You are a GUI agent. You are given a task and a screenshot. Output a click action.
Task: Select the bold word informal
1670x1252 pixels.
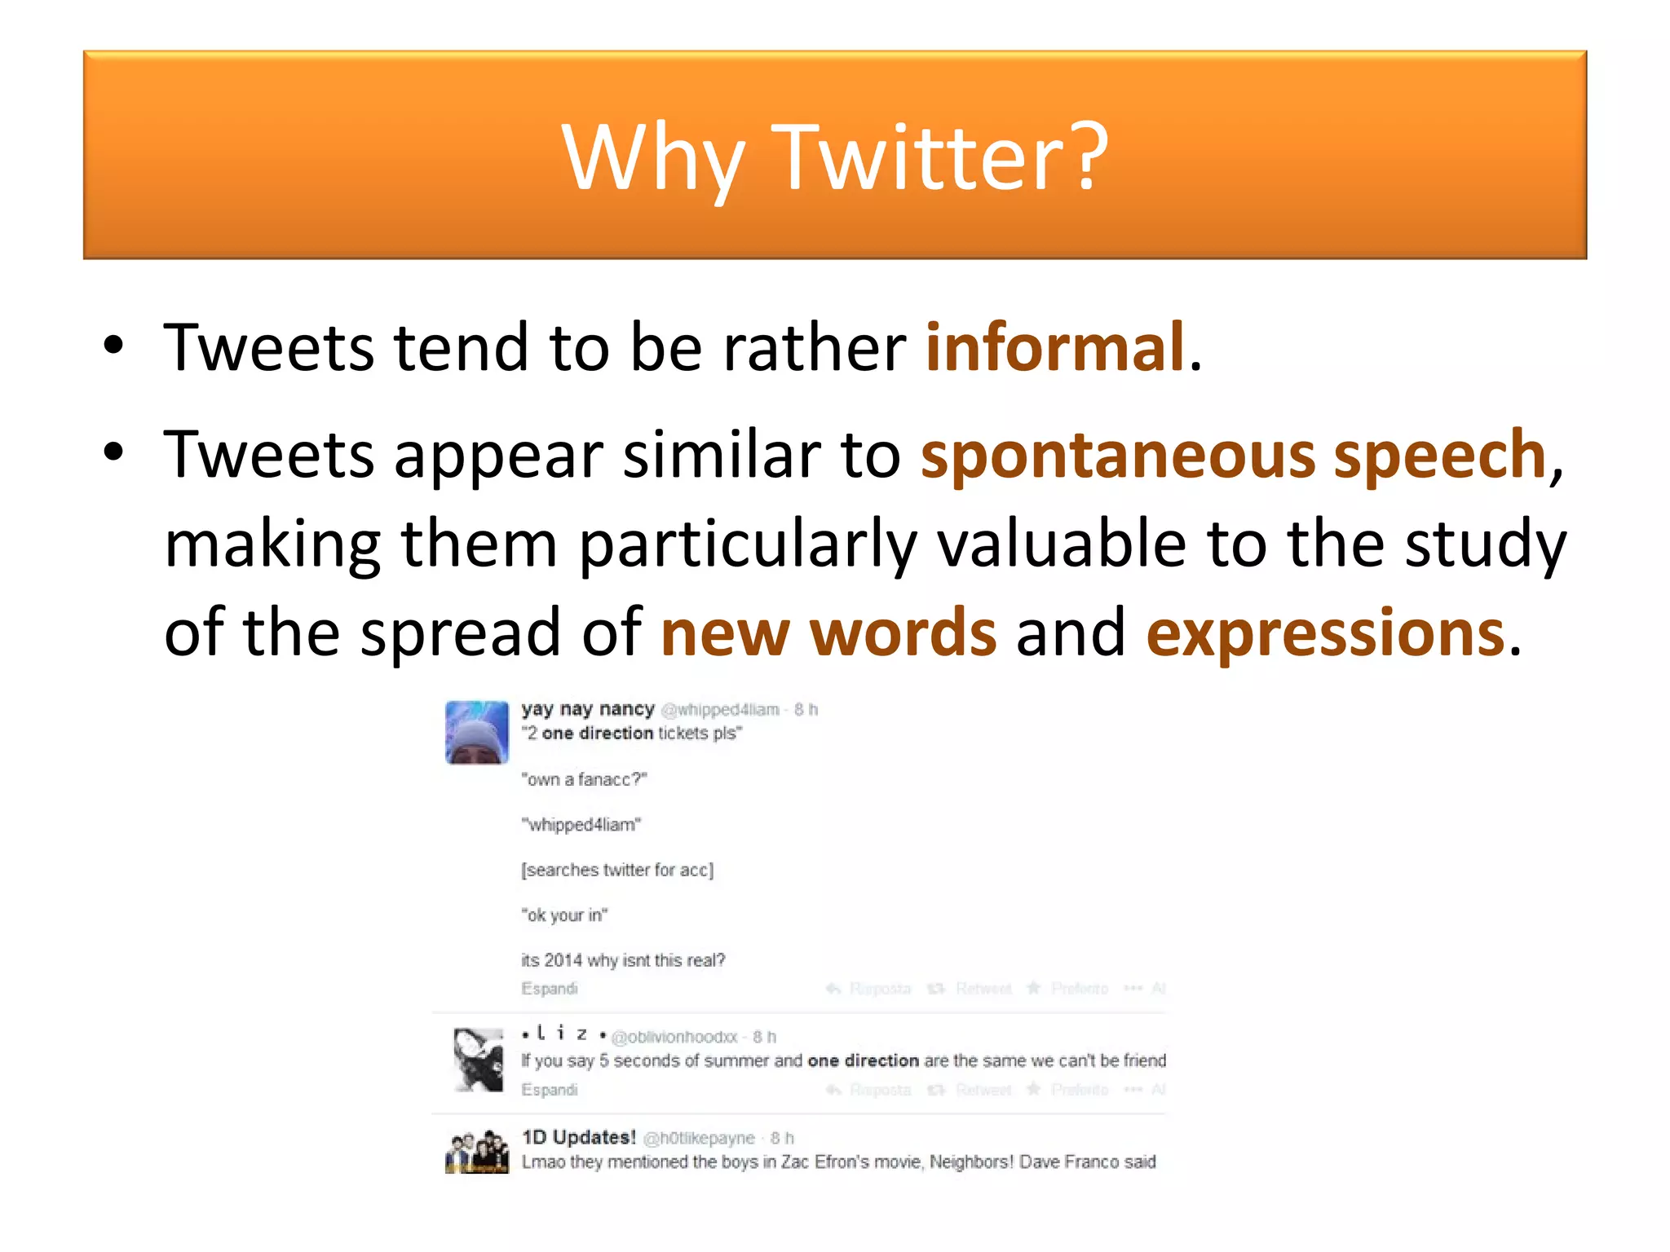1054,347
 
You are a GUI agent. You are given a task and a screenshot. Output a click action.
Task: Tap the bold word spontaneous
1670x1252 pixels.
1118,455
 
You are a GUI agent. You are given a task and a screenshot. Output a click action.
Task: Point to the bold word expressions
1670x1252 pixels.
1325,633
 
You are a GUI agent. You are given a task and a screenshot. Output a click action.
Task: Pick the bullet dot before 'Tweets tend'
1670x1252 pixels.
114,346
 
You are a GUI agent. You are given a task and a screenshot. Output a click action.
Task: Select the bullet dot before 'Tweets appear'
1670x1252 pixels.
114,453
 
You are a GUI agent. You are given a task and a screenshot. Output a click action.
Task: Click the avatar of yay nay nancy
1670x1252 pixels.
477,732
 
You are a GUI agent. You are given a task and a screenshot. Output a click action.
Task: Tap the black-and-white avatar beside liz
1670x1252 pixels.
478,1060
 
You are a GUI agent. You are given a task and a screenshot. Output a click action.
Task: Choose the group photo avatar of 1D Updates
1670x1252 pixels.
477,1151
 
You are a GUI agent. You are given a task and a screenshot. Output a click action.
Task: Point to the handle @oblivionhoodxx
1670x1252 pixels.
674,1037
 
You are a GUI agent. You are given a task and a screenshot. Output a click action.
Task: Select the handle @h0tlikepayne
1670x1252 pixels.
699,1138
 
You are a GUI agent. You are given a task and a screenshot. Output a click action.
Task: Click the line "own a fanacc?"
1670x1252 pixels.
584,780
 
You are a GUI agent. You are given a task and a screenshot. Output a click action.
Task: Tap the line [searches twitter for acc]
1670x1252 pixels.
617,871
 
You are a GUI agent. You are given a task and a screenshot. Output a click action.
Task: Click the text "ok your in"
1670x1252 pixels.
564,915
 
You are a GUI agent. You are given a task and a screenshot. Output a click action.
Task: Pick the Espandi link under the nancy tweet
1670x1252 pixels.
550,989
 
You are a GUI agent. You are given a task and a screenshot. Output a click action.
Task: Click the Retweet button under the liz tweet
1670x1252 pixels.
983,1090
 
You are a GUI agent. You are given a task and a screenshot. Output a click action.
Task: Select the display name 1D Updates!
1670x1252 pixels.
578,1137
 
